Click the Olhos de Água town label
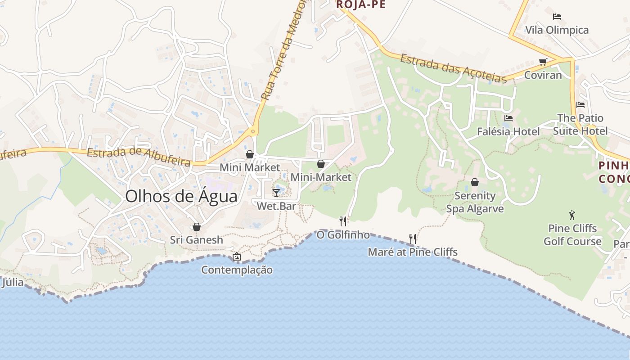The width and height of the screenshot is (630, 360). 181,197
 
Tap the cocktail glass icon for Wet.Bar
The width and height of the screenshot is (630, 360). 276,193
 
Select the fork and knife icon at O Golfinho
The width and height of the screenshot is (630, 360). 343,221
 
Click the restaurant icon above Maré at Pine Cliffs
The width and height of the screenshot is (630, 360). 412,238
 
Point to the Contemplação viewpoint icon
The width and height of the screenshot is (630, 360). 237,257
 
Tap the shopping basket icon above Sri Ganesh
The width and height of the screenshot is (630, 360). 196,227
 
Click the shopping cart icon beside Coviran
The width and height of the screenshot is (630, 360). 543,62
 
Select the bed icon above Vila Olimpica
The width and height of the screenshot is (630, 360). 557,17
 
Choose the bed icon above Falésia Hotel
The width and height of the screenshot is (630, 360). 508,118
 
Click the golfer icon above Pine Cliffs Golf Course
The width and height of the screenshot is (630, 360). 572,215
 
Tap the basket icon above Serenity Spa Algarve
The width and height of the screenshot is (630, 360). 475,182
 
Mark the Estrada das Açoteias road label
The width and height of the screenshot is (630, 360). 454,68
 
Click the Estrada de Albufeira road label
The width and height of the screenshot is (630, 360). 139,157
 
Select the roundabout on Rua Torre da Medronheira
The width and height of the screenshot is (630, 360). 253,132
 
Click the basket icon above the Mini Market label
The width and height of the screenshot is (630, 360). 250,154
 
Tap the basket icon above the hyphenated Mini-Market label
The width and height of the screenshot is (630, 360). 321,164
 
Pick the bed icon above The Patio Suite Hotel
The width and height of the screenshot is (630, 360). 580,105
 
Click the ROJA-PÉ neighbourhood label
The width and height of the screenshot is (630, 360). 361,4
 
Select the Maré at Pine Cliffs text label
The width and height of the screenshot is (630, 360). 413,252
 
